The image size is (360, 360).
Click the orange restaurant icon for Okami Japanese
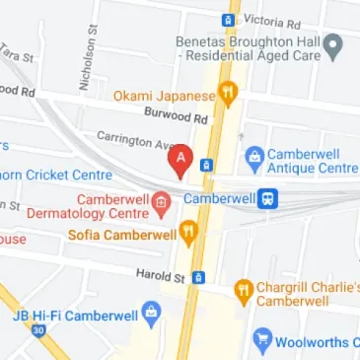[x=229, y=96]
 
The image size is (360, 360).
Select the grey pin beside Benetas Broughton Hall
[x=334, y=45]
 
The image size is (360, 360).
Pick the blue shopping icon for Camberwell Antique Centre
[x=254, y=156]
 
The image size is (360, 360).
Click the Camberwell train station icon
[x=267, y=198]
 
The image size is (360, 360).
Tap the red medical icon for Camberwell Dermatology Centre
[x=160, y=204]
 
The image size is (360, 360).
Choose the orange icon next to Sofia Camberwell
[x=189, y=234]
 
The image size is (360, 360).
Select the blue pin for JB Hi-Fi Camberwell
[x=151, y=317]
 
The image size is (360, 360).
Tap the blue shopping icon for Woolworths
[x=262, y=341]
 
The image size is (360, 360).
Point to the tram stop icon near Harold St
[x=198, y=278]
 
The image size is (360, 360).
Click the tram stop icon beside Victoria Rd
[x=228, y=18]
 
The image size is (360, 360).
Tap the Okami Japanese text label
[x=164, y=96]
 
